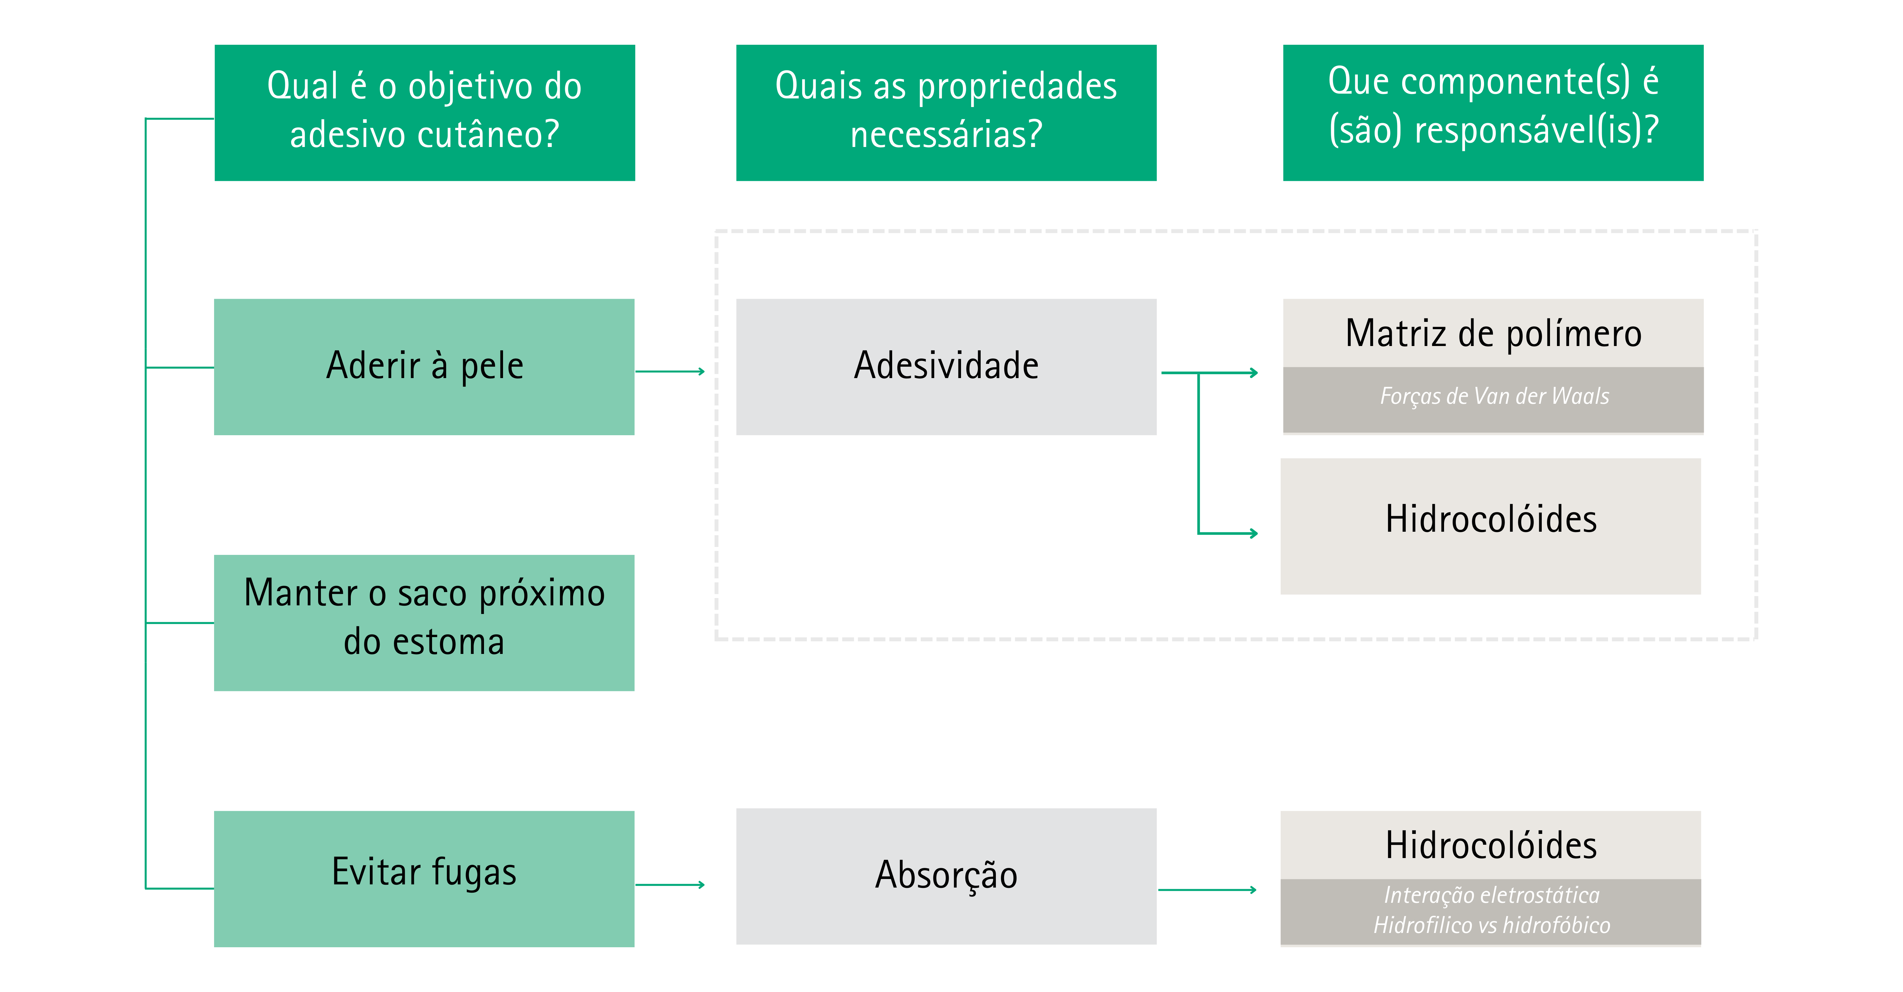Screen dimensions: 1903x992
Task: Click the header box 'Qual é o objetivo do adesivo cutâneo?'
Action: [425, 112]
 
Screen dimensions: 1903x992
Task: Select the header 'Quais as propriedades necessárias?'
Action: [946, 112]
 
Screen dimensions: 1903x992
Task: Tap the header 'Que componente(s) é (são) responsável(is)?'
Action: [1493, 112]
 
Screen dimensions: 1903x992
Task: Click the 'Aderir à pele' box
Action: [424, 367]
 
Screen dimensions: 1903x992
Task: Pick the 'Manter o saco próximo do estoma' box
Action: [424, 622]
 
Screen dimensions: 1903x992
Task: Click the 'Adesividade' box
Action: [946, 367]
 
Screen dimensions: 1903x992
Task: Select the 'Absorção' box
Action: [946, 876]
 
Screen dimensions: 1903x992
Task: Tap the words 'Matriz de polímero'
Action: [1493, 333]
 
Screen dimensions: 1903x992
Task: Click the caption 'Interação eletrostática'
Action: [1492, 895]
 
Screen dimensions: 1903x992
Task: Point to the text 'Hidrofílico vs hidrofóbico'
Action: [1492, 925]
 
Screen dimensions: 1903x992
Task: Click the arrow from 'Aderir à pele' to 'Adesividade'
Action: [670, 371]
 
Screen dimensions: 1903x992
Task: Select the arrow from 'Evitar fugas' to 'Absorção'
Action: [670, 884]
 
